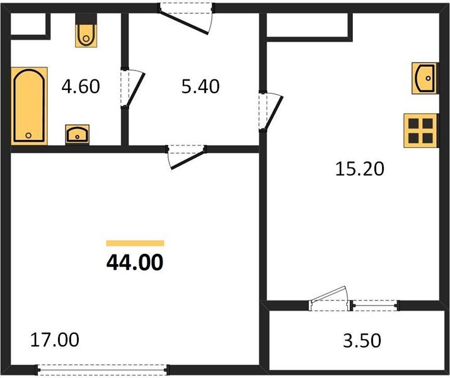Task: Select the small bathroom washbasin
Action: [78, 134]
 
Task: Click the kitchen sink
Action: [425, 78]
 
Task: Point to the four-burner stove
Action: [420, 129]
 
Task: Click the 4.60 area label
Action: [80, 86]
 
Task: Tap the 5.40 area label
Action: [200, 86]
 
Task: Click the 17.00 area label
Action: [55, 340]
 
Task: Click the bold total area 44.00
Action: [135, 262]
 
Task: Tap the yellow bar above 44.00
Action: [135, 243]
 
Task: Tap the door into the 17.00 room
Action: [187, 154]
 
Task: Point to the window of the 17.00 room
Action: [102, 368]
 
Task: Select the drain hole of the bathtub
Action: [28, 135]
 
